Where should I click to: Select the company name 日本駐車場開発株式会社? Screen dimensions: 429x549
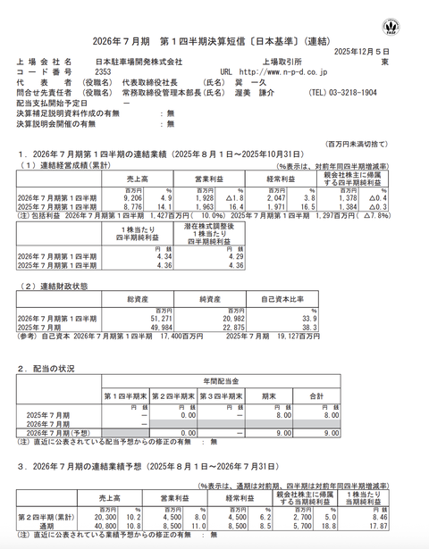136,62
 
